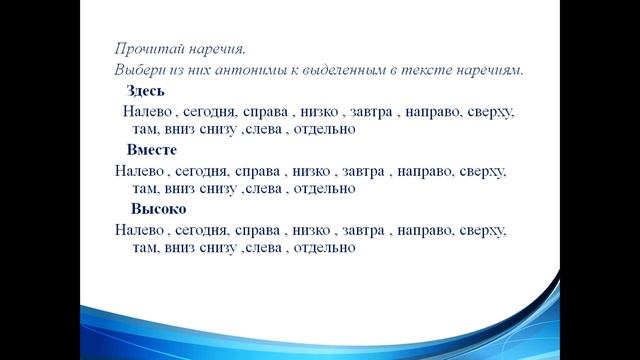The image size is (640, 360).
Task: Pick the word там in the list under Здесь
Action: pos(145,129)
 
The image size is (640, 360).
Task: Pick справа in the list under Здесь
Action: pos(265,111)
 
